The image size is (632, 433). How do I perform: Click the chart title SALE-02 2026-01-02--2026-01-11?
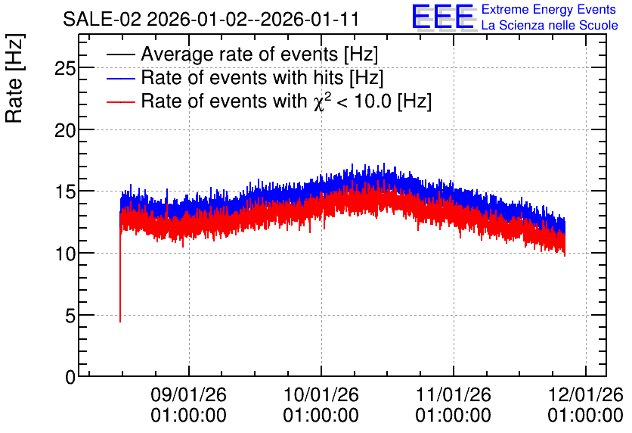pyautogui.click(x=211, y=19)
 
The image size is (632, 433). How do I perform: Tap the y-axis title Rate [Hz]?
pyautogui.click(x=14, y=78)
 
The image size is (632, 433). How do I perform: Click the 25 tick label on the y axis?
pyautogui.click(x=65, y=69)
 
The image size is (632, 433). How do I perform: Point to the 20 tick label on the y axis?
pyautogui.click(x=65, y=130)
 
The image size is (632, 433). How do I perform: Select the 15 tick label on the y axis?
pyautogui.click(x=65, y=192)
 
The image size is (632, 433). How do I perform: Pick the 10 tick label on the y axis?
pyautogui.click(x=65, y=254)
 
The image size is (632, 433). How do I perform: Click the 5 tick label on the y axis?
pyautogui.click(x=70, y=316)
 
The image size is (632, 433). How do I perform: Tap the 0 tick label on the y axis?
pyautogui.click(x=70, y=378)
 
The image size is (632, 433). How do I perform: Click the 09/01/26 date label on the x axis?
pyautogui.click(x=189, y=394)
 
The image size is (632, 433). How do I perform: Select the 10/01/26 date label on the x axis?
pyautogui.click(x=321, y=394)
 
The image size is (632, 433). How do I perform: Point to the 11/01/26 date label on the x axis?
pyautogui.click(x=454, y=394)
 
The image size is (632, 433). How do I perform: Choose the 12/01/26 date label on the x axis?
pyautogui.click(x=585, y=394)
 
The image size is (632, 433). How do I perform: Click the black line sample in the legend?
pyautogui.click(x=121, y=55)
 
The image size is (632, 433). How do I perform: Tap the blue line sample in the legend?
pyautogui.click(x=121, y=78)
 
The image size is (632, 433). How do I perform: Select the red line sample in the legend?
pyautogui.click(x=121, y=101)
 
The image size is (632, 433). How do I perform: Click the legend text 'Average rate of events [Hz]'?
pyautogui.click(x=259, y=55)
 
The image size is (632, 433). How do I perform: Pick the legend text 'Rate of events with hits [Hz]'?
pyautogui.click(x=262, y=78)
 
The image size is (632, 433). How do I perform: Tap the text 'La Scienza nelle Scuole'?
pyautogui.click(x=550, y=26)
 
